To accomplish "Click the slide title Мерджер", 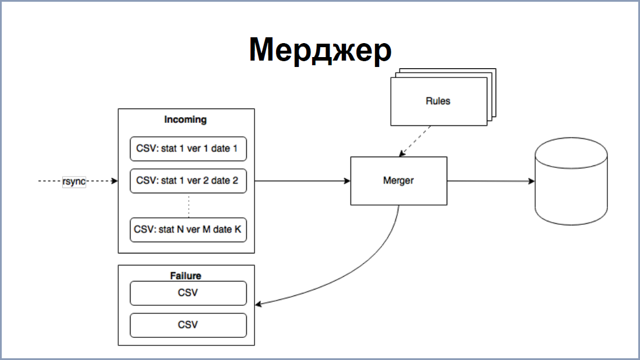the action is tap(320, 50).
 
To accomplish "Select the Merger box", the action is tap(399, 181).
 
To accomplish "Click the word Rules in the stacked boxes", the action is tap(438, 101).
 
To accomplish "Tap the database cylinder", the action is tap(571, 181).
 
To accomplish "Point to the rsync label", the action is tap(74, 181).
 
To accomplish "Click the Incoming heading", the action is tap(185, 119).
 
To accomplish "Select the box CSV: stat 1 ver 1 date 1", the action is tap(188, 149).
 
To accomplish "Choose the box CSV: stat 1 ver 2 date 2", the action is tap(188, 181).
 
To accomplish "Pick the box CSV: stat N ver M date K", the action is tap(188, 230).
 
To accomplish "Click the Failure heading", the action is tap(186, 276).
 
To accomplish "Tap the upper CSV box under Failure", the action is tap(188, 293).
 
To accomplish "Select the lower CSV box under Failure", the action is tap(188, 325).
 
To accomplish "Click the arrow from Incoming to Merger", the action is tap(302, 181).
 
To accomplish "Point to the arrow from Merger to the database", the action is tap(491, 181).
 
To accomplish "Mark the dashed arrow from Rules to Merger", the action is tap(415, 141).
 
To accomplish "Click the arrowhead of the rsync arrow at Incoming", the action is tap(115, 181).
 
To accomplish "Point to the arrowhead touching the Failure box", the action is tap(259, 304).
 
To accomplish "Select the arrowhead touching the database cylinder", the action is tap(532, 181).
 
